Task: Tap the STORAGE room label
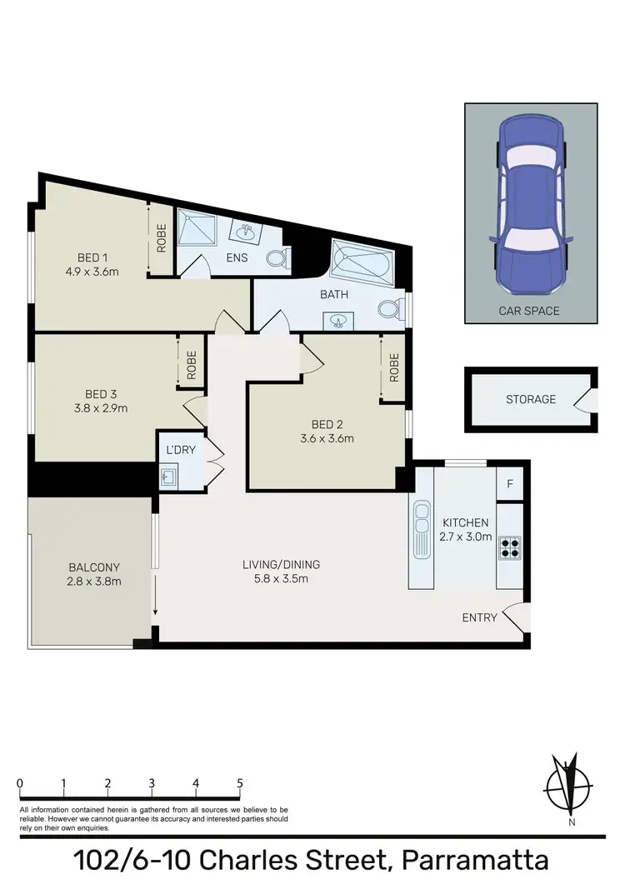(531, 400)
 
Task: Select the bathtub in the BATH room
(360, 262)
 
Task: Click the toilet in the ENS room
(277, 258)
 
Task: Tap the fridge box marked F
(509, 483)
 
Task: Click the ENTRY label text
(480, 617)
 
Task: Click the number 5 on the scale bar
(240, 783)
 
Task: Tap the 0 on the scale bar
(19, 783)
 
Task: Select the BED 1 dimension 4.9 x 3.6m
(92, 270)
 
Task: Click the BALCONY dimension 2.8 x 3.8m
(95, 581)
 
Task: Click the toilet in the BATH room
(387, 309)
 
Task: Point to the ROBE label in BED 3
(192, 364)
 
